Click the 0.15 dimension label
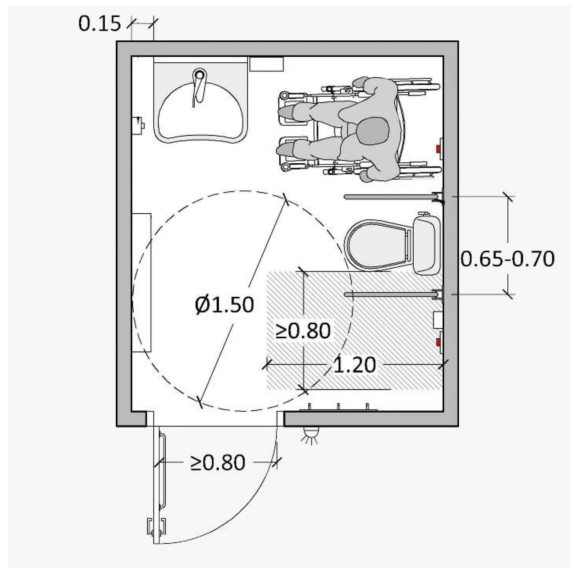tap(99, 24)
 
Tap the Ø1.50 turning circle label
tap(224, 305)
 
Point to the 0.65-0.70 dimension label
tap(507, 259)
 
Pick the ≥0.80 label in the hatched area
tap(303, 331)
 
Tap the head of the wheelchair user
tap(373, 131)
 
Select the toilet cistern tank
tap(426, 245)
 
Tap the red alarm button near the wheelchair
tap(439, 149)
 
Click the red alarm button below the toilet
tap(438, 343)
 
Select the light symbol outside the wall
tap(310, 433)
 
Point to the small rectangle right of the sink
tap(267, 64)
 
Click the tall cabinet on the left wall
tap(142, 283)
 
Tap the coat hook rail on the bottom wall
tap(338, 408)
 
